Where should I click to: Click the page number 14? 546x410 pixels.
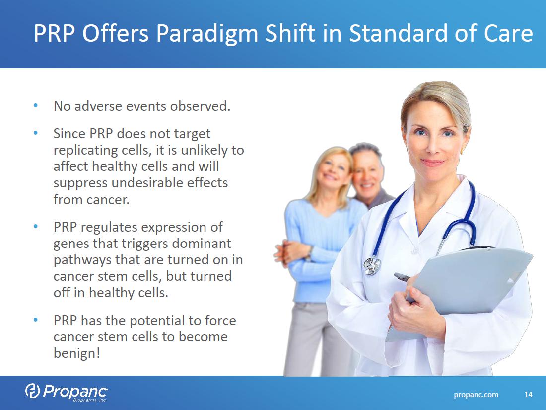(528, 394)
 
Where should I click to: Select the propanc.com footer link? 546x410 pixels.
(476, 395)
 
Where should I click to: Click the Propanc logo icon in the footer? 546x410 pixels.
(32, 390)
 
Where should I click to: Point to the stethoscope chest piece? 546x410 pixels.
(372, 265)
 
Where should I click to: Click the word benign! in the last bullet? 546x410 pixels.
(76, 353)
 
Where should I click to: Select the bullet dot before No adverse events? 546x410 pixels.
(36, 105)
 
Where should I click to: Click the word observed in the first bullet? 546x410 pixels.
(200, 106)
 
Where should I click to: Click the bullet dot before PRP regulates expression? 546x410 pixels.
(36, 226)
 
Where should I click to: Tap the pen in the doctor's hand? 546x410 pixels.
(402, 277)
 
